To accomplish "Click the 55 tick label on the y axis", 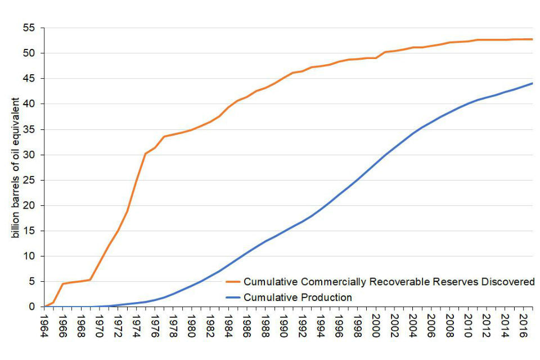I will pos(30,28).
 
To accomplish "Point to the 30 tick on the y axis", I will pos(30,155).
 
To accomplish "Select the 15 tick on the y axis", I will pos(30,231).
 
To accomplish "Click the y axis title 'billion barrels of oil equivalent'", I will pos(17,167).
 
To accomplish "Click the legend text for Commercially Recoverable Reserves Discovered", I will pos(389,282).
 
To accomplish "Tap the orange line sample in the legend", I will pos(233,282).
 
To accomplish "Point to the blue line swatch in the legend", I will pos(233,298).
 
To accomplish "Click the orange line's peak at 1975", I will pos(146,154).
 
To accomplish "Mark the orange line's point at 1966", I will pos(62,283).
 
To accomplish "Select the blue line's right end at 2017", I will pos(532,83).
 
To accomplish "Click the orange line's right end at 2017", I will pos(532,39).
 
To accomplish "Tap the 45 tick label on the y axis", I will pos(30,79).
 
